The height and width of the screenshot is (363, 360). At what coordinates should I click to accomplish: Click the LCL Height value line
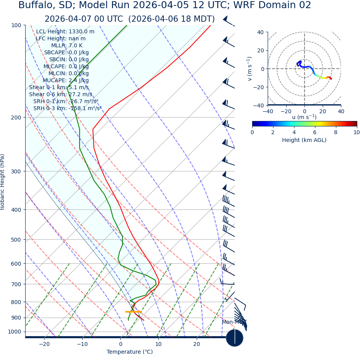click(65, 31)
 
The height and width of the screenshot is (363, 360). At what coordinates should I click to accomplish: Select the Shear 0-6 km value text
click(61, 94)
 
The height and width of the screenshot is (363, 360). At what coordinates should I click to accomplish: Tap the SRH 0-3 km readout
click(67, 108)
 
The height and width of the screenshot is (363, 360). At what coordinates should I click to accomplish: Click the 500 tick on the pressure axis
click(16, 240)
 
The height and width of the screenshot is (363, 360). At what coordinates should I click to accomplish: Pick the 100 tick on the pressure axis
click(16, 25)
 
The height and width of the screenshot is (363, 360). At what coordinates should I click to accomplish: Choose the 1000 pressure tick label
click(14, 332)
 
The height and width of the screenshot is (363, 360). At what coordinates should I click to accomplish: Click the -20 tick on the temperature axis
click(44, 344)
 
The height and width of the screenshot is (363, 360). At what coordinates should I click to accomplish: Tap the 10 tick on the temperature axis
click(158, 344)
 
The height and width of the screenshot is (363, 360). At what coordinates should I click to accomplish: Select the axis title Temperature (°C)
click(130, 352)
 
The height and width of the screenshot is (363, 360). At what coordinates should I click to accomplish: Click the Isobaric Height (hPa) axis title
click(3, 182)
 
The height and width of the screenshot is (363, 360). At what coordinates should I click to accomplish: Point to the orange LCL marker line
click(133, 311)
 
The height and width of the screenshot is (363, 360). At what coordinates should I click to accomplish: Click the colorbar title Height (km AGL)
click(304, 140)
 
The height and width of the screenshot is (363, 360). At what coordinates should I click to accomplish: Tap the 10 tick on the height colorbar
click(357, 132)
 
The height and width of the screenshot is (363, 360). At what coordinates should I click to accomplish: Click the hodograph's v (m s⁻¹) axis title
click(250, 69)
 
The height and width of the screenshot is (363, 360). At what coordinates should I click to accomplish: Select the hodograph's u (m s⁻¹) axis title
click(304, 117)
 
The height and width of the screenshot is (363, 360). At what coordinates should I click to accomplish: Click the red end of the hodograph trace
click(331, 79)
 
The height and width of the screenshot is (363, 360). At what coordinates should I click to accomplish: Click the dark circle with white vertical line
click(235, 338)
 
